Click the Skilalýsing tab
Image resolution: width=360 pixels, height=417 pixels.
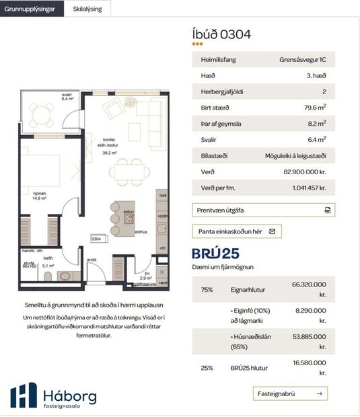point(87,9)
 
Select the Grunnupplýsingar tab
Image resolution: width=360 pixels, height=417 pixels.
point(32,9)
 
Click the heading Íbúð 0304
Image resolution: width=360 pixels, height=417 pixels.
point(222,34)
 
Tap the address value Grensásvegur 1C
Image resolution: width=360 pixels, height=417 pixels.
point(303,60)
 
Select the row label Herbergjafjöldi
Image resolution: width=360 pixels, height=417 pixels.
point(222,91)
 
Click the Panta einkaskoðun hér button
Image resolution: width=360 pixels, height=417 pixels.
point(236,231)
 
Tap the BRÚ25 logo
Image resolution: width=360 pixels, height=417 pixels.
point(215,254)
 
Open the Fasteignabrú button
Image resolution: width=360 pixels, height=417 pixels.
point(291,393)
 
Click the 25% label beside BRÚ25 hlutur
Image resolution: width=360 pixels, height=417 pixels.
point(207,368)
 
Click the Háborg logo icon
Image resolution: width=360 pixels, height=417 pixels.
point(24,395)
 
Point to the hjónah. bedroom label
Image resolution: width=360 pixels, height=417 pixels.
point(39,195)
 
